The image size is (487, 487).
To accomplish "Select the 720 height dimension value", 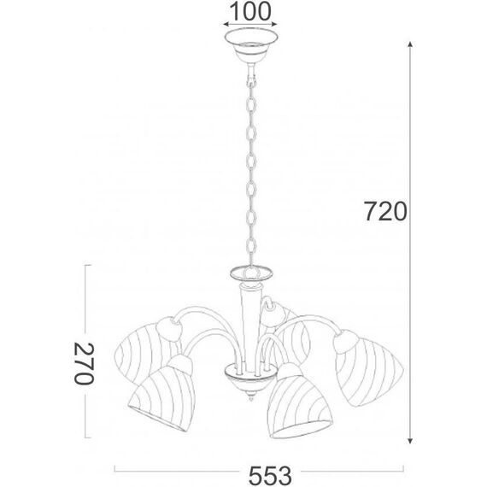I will point(382,211).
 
